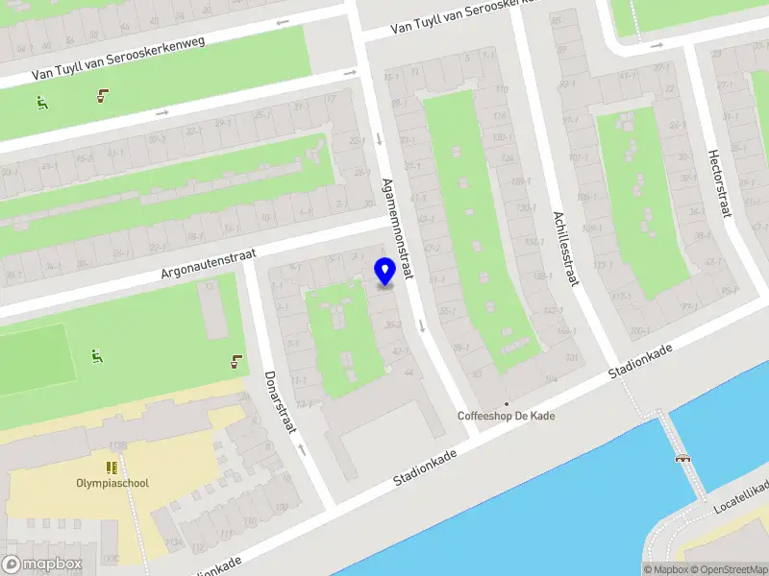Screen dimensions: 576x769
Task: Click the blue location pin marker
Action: click(x=384, y=272)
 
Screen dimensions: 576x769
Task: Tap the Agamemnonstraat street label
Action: click(x=397, y=228)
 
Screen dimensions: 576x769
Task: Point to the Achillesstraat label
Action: click(x=565, y=249)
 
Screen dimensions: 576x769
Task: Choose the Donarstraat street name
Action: click(x=279, y=402)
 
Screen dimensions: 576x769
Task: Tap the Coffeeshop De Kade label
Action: click(x=506, y=417)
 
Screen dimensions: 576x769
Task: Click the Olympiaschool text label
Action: click(x=112, y=483)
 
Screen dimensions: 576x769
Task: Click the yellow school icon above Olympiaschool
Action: click(x=112, y=468)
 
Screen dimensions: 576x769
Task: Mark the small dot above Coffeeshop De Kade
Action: click(x=507, y=403)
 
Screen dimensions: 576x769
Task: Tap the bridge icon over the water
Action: click(x=683, y=458)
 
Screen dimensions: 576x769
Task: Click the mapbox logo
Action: click(x=42, y=564)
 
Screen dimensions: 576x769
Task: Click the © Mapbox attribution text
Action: click(x=665, y=569)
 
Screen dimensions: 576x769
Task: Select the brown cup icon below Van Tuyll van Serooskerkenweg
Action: click(x=102, y=95)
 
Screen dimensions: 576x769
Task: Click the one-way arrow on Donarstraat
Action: click(x=301, y=448)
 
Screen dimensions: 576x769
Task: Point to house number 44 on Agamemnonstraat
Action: click(x=409, y=372)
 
